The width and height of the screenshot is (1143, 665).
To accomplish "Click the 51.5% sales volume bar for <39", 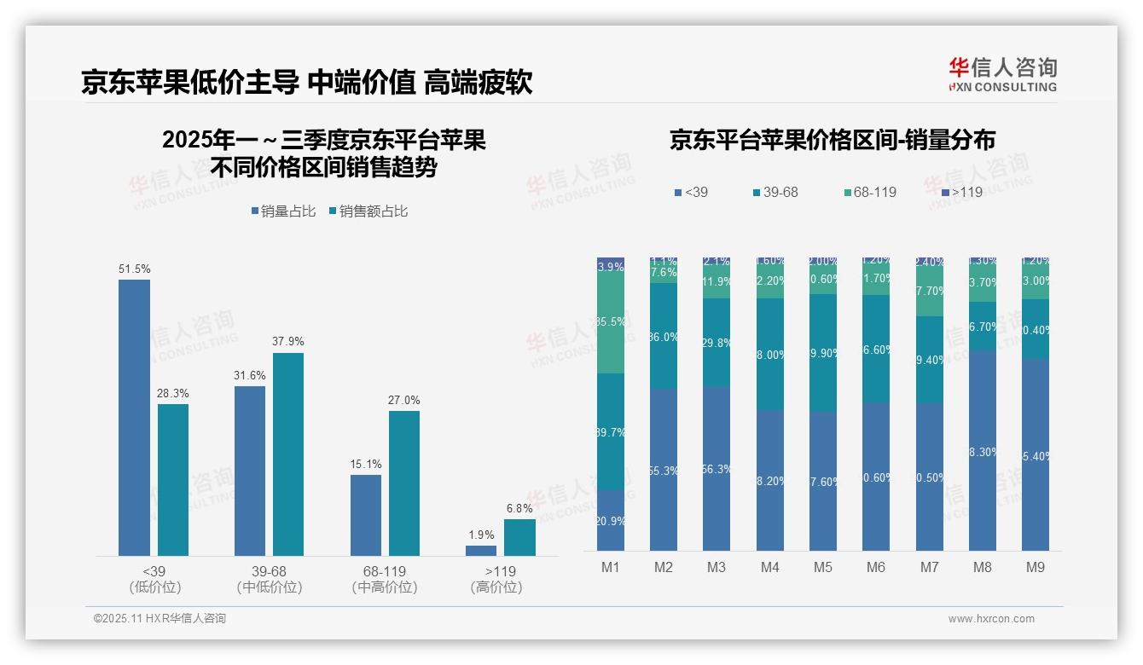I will (x=134, y=418).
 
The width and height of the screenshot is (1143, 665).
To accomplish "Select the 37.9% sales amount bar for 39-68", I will (x=288, y=454).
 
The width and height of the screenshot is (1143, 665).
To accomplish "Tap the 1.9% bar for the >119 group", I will (x=481, y=551).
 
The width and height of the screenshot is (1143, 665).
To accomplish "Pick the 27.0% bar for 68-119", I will (x=404, y=483).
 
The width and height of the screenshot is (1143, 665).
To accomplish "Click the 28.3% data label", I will (x=173, y=393).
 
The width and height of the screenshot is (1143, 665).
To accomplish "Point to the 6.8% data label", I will (x=519, y=508).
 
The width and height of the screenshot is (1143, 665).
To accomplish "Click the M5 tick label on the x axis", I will (x=823, y=567).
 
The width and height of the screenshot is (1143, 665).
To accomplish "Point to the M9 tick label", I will (x=1035, y=567).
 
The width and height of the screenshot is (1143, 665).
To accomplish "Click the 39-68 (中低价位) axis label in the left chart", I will (x=270, y=579).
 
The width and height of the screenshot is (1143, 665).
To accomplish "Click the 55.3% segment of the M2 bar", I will (x=664, y=470).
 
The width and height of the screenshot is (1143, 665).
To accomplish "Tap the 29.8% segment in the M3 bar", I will (x=717, y=343).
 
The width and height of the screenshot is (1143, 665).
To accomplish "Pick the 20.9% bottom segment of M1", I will (x=611, y=520).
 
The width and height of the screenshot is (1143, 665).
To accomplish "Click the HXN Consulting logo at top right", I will (x=1002, y=75).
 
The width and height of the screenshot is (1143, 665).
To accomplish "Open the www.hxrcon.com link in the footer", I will (x=991, y=619).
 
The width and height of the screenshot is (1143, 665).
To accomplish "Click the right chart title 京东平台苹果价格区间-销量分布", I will (x=832, y=140).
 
